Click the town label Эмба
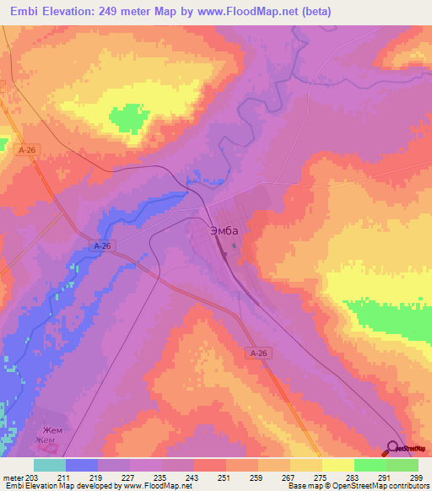[x=224, y=230]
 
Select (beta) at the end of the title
[x=311, y=12]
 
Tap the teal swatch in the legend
[x=50, y=465]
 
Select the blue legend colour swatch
[x=82, y=465]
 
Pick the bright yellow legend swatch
[x=337, y=465]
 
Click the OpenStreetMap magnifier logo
[x=394, y=448]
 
